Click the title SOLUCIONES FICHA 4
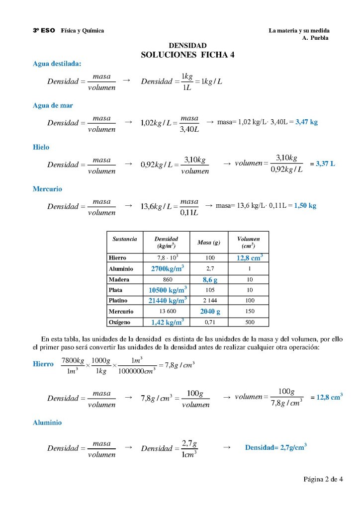187,55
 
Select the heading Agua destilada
57,64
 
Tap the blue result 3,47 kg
307,121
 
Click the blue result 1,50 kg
305,205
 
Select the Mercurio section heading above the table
47,189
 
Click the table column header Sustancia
125,239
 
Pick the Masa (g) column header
209,243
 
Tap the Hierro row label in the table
117,258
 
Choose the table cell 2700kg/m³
168,268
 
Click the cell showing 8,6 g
209,279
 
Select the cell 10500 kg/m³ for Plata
168,290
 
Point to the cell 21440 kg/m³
168,300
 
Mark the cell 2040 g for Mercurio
210,311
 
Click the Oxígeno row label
120,322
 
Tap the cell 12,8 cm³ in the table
249,257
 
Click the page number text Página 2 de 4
323,480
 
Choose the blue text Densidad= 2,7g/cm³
275,447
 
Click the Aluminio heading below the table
47,423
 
